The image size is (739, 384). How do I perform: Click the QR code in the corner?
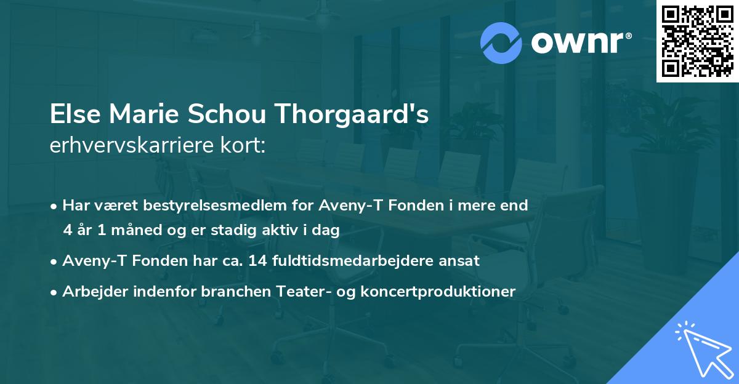[697, 41]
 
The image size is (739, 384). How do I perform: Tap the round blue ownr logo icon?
[501, 43]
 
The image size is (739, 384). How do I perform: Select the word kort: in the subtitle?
[243, 146]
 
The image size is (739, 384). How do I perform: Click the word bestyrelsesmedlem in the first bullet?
[189, 206]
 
